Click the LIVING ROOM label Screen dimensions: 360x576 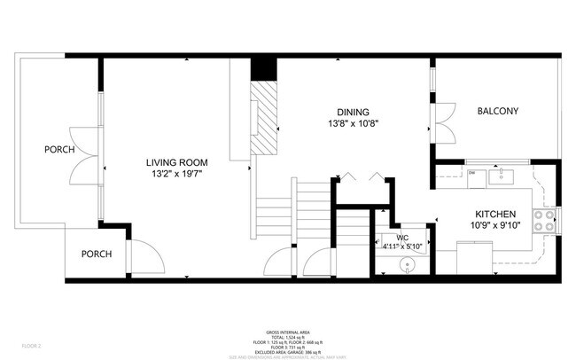pyautogui.click(x=177, y=162)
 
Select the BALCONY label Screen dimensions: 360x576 pyautogui.click(x=497, y=111)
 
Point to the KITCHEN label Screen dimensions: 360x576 pyautogui.click(x=496, y=215)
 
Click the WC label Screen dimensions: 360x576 pyautogui.click(x=401, y=238)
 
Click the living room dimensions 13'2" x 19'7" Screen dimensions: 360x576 pyautogui.click(x=177, y=174)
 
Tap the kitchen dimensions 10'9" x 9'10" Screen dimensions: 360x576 pyautogui.click(x=496, y=226)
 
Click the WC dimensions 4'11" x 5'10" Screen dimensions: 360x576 pyautogui.click(x=401, y=247)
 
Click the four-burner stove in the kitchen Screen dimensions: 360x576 pyautogui.click(x=546, y=220)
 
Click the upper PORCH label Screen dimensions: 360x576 pyautogui.click(x=59, y=149)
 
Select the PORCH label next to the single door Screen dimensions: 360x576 pyautogui.click(x=97, y=254)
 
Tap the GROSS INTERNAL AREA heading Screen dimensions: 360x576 pyautogui.click(x=289, y=333)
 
